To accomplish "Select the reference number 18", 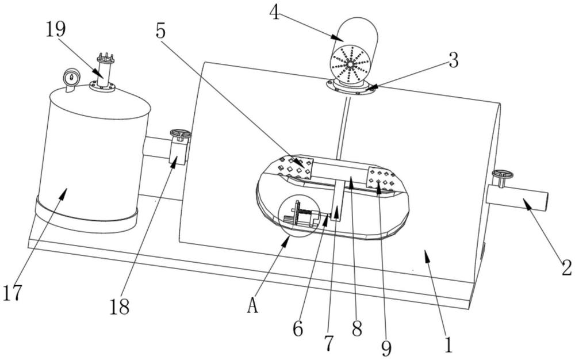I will click(119, 306).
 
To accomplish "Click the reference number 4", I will click(275, 12).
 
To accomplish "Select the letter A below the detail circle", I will click(251, 306).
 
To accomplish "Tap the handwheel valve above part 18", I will click(180, 135).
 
